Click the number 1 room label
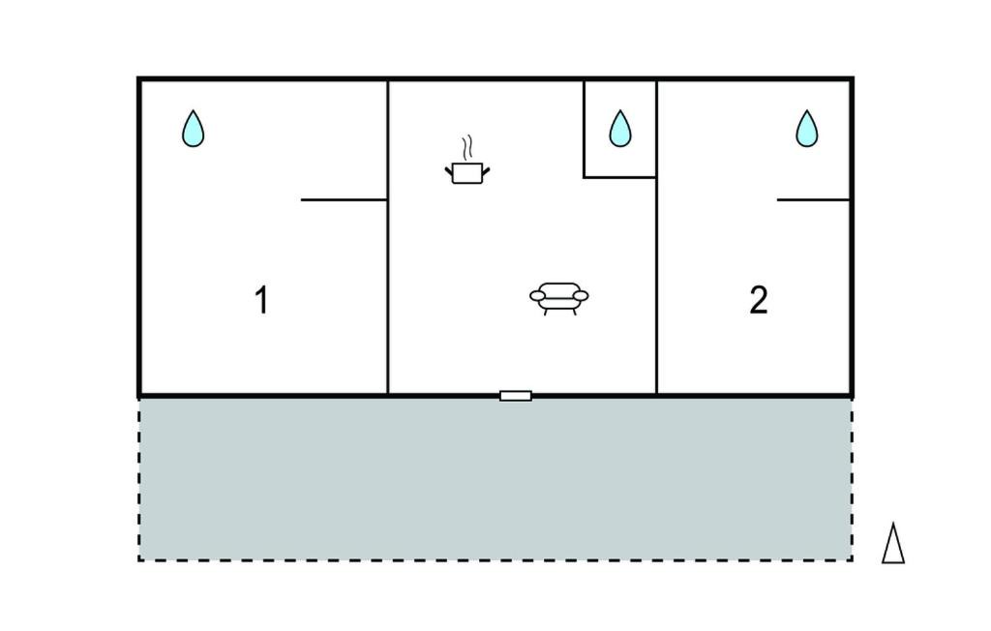tap(261, 300)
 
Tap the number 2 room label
tap(759, 300)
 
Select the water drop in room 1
tap(193, 129)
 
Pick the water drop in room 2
tap(806, 129)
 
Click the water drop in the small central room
tap(620, 129)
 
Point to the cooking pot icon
tap(467, 172)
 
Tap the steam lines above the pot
tap(467, 148)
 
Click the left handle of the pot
tap(449, 170)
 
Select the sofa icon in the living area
tap(558, 298)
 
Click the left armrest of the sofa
tap(537, 295)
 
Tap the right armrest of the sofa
tap(581, 295)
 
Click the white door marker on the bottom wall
tap(516, 396)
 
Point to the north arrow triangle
tap(893, 543)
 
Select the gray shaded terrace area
tap(495, 479)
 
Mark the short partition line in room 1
tap(344, 199)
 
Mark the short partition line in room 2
tap(813, 199)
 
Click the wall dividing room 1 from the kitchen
tap(387, 237)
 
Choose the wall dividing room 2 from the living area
tap(657, 237)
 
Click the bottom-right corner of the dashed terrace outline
tap(852, 559)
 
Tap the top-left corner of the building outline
tap(139, 79)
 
